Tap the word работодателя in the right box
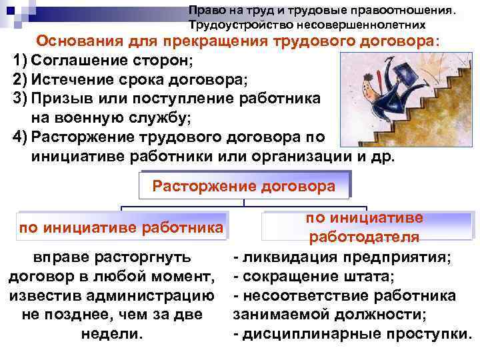363,237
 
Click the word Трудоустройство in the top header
238,25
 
